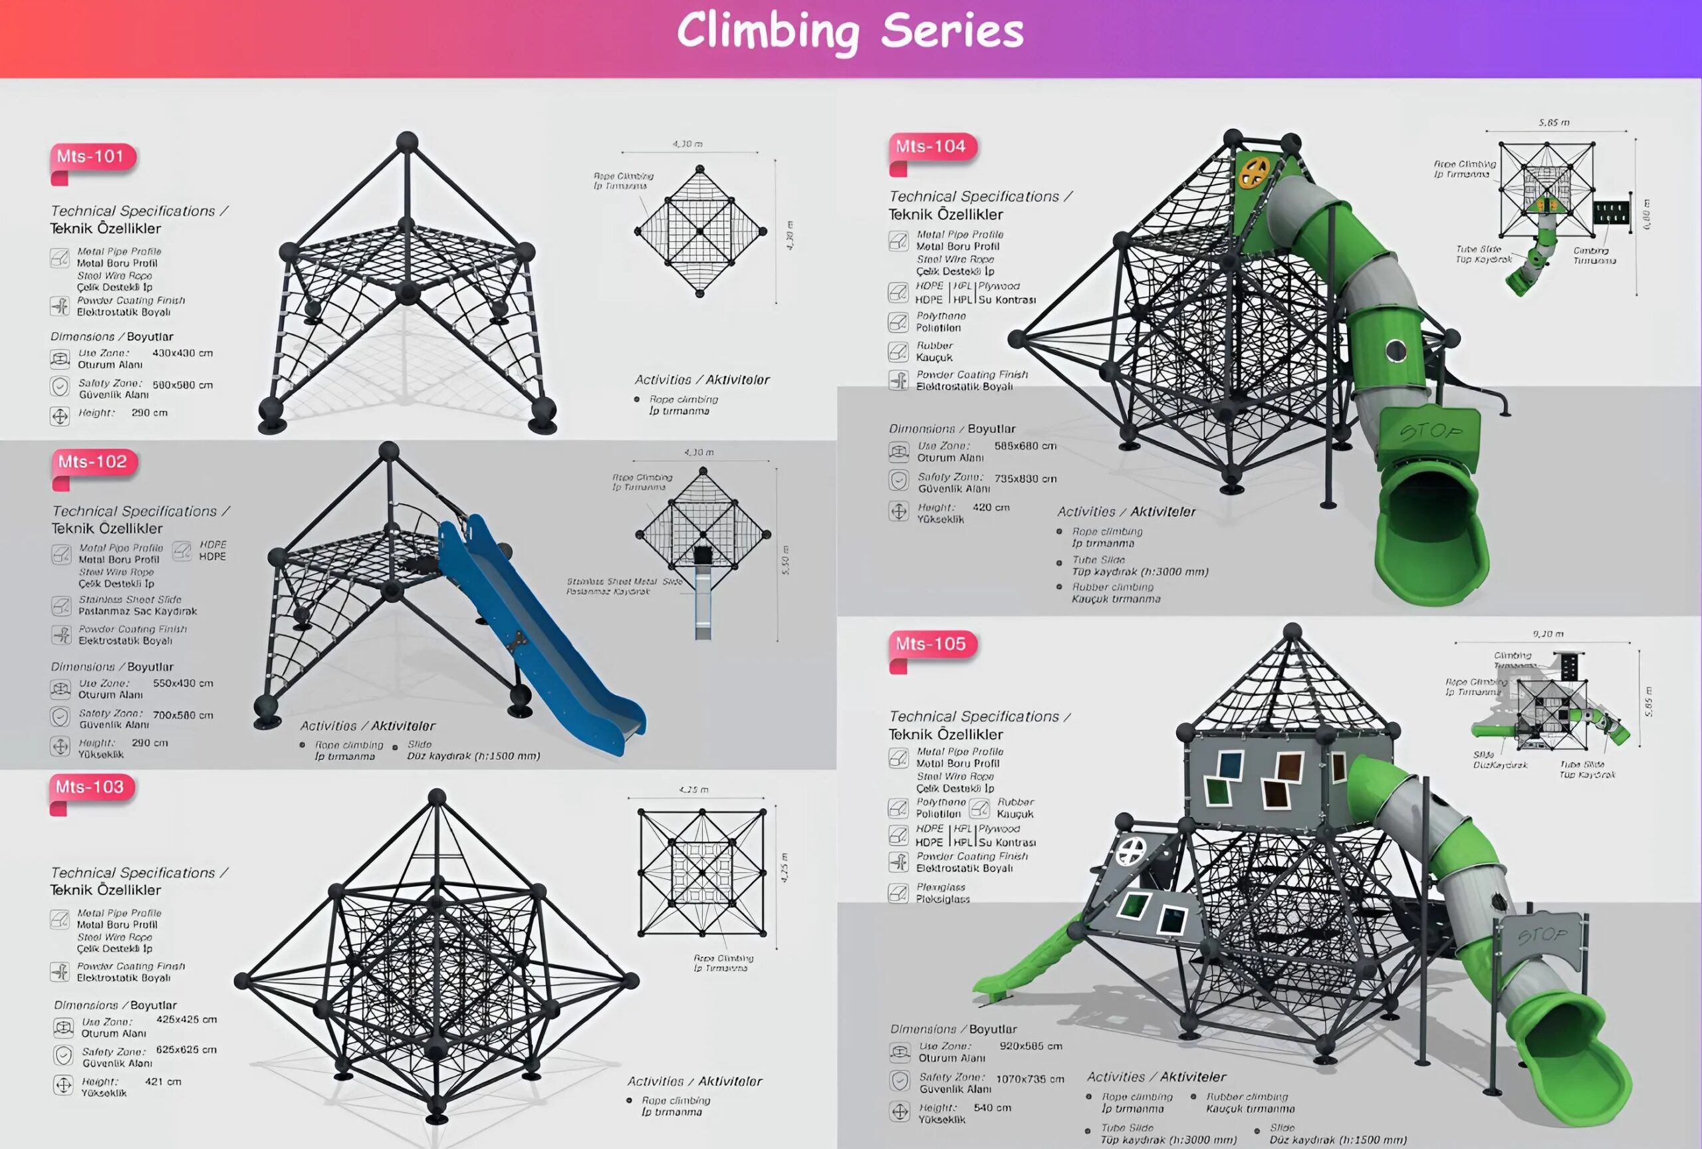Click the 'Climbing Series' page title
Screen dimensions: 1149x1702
click(x=850, y=31)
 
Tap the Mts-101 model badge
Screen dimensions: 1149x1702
click(x=91, y=157)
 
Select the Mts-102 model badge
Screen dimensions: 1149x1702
click(x=93, y=462)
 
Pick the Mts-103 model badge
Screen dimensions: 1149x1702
click(x=90, y=787)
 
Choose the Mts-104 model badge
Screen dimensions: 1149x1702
click(x=931, y=146)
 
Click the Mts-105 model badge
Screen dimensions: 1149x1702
click(x=931, y=644)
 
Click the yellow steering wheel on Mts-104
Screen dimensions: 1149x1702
click(x=1253, y=173)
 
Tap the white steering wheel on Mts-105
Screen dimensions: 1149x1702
click(x=1130, y=852)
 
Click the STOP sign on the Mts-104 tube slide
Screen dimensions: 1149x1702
click(x=1430, y=433)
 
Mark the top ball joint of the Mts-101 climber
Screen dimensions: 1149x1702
click(x=407, y=142)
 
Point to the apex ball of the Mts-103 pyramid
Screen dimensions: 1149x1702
click(x=437, y=797)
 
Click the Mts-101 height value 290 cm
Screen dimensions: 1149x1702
click(x=150, y=413)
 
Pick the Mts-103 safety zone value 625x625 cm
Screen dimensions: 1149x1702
click(x=186, y=1049)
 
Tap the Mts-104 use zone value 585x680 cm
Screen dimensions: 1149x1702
click(x=1025, y=446)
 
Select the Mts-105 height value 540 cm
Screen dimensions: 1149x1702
click(x=993, y=1108)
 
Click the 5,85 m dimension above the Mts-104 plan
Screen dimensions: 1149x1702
click(x=1553, y=123)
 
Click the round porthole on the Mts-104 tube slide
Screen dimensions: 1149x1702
click(x=1396, y=351)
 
